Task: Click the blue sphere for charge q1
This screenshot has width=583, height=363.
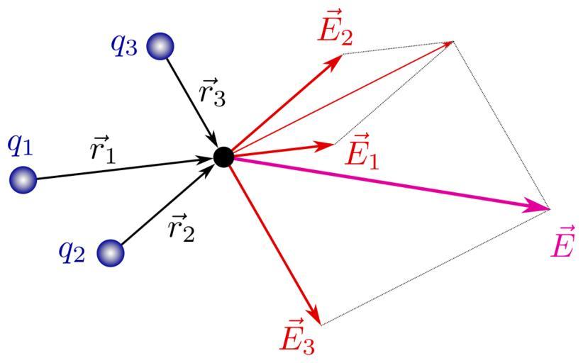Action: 23,180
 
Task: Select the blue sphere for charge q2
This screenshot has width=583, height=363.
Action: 110,252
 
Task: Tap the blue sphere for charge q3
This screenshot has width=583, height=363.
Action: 160,47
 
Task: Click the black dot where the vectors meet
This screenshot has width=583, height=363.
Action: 223,157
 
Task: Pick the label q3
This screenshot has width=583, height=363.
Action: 125,44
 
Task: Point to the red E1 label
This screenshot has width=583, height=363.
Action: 361,152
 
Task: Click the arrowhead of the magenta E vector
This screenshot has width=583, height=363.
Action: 542,207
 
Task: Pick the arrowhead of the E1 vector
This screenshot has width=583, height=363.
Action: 328,145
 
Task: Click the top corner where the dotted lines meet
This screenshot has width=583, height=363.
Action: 452,42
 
